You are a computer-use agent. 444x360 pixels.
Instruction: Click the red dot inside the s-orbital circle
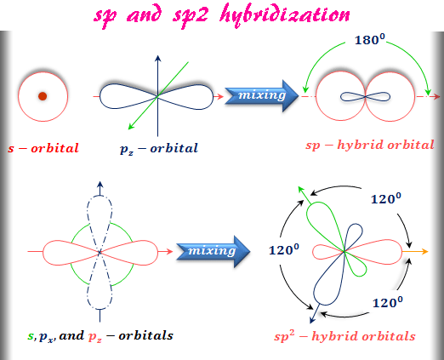(43, 96)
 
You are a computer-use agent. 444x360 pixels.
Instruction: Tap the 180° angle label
(370, 40)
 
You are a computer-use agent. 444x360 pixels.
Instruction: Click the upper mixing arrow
(262, 96)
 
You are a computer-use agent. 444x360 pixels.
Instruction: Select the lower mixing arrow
(213, 251)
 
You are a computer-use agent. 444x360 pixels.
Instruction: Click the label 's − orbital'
(43, 148)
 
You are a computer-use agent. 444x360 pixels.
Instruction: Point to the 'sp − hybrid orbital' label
(370, 145)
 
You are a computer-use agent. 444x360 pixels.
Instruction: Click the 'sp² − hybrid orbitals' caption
(344, 336)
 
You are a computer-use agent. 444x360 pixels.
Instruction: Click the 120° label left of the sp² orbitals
(284, 250)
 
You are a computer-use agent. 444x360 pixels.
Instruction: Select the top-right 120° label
(386, 198)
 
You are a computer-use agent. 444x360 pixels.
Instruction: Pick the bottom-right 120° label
(388, 302)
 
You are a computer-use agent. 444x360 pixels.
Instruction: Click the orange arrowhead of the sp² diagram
(424, 251)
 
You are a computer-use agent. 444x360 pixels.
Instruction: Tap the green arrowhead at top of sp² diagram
(301, 190)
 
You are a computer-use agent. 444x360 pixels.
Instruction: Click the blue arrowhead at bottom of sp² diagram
(312, 320)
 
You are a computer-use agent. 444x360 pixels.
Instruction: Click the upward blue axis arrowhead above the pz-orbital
(158, 58)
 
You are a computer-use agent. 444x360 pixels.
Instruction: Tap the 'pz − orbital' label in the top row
(159, 149)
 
